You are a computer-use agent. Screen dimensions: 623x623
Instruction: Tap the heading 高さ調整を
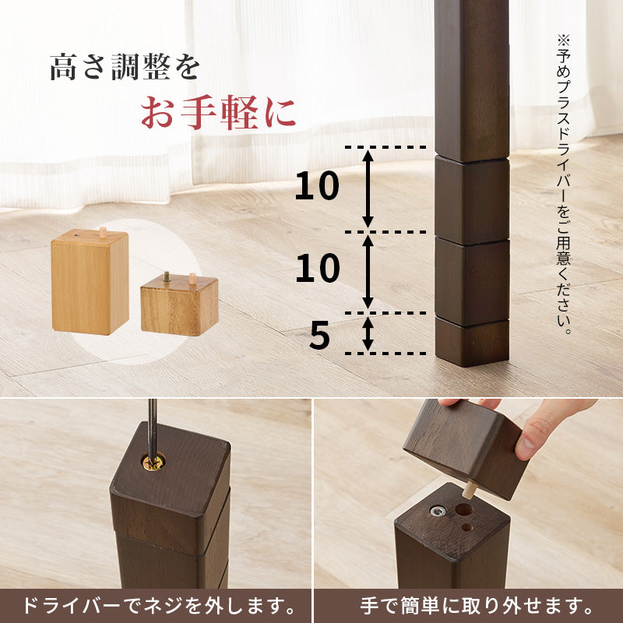(x=125, y=67)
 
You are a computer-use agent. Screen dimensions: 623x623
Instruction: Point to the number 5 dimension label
(x=320, y=336)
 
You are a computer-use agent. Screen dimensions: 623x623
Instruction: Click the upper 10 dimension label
(x=317, y=187)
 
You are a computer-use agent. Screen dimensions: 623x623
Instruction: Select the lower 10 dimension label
(x=317, y=269)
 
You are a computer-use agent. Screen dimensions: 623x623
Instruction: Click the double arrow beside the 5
(x=368, y=334)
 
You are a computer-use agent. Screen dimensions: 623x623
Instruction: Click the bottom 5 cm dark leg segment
(x=471, y=343)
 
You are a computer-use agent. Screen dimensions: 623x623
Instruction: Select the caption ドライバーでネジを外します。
(x=156, y=606)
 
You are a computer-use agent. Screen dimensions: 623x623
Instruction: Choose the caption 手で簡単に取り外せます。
(x=467, y=606)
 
